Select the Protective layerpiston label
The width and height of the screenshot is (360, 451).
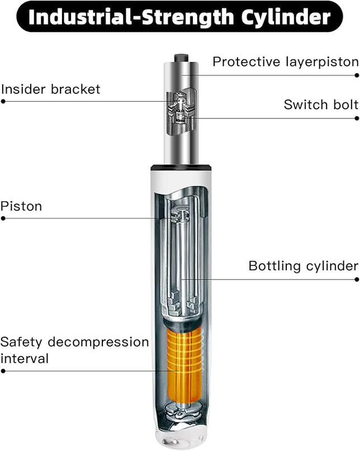coord(285,61)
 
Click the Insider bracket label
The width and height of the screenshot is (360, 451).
coord(51,89)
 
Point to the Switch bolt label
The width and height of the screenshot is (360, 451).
coord(320,105)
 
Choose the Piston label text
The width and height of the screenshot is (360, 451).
coord(21,206)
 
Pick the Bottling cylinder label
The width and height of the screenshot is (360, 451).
coord(303,266)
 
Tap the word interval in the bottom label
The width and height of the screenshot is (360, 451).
coord(25,358)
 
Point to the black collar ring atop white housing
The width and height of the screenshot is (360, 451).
coord(181,167)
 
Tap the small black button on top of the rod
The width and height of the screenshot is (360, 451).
coord(181,58)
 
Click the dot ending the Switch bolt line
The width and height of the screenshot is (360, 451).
coord(357,118)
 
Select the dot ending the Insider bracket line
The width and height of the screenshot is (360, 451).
coord(3,102)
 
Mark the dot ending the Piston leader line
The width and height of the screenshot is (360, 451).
coord(3,219)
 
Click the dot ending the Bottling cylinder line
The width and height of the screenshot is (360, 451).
coord(357,279)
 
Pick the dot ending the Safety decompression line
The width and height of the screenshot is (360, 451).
coord(3,371)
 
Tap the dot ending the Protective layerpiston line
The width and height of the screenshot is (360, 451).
coord(357,74)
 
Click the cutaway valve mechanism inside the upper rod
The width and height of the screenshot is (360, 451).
coord(181,112)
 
